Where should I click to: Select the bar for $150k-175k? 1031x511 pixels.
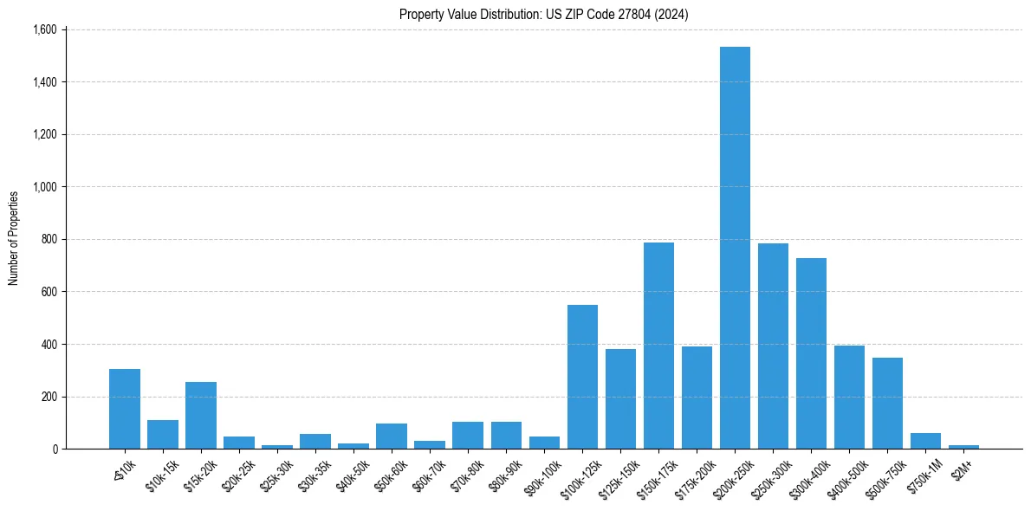tap(658, 346)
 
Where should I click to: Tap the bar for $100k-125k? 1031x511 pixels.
tap(582, 377)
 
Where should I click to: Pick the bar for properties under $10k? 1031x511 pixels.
tap(125, 409)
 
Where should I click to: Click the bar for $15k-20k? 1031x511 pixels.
tap(201, 416)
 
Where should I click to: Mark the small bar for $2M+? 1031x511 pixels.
tap(963, 447)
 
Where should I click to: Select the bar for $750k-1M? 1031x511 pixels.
tap(925, 441)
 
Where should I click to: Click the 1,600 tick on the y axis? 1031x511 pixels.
tap(44, 29)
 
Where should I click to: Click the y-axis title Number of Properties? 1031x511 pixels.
tap(13, 238)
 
